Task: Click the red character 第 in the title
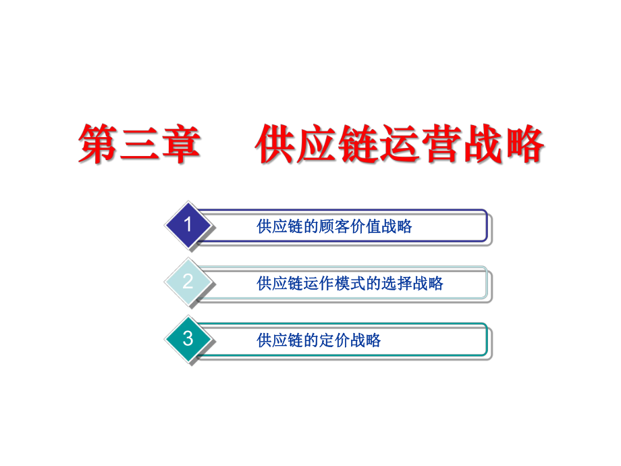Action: tap(99, 143)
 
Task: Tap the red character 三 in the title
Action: tap(140, 143)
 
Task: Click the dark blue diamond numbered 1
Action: tap(188, 225)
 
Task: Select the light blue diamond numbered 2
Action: tap(188, 282)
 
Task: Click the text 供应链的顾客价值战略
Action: tap(334, 227)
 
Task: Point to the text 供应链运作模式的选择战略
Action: tap(350, 284)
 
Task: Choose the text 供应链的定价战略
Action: tap(319, 340)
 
